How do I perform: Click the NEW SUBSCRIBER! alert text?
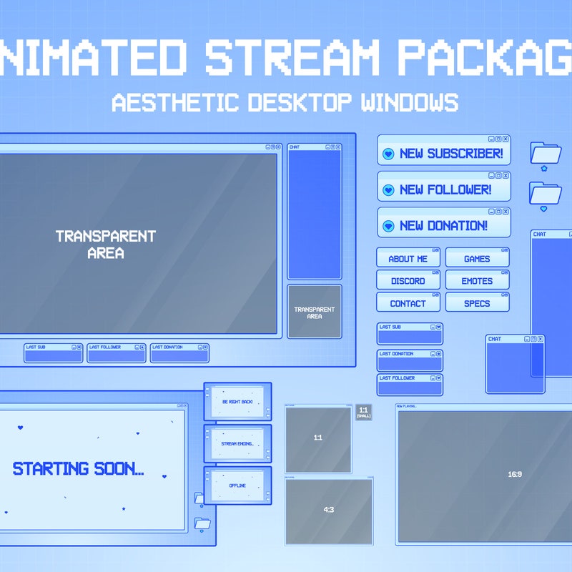450,154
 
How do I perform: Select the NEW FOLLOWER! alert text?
445,190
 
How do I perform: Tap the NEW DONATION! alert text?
443,226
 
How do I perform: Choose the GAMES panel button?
477,259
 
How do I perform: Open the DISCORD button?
408,281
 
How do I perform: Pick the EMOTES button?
477,281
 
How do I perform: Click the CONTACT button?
408,303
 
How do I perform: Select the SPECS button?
477,303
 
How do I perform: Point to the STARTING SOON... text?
79,469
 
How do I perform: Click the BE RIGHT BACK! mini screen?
237,402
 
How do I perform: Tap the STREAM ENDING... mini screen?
237,444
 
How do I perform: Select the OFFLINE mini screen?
237,485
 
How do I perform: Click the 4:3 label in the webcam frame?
329,510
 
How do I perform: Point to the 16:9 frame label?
515,474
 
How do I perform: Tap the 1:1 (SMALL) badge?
363,412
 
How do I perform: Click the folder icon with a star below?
546,153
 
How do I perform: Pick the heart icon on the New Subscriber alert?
388,154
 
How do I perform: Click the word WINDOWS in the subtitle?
409,102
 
